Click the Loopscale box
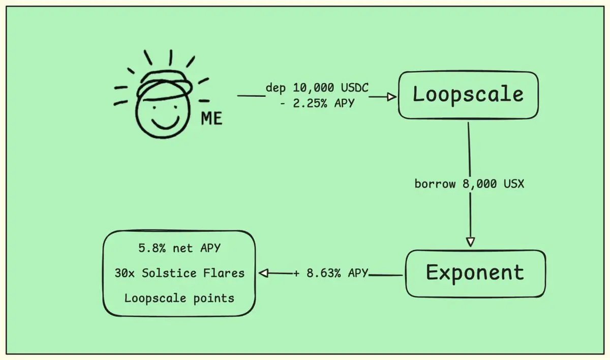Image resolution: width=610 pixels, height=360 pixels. tap(468, 95)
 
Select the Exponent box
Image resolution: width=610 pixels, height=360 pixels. tap(475, 273)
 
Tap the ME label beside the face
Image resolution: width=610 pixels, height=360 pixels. tap(211, 118)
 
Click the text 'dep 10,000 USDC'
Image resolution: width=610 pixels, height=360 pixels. tap(317, 88)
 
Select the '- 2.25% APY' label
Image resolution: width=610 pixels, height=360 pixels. tap(317, 103)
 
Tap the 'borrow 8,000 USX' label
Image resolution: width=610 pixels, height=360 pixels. tap(469, 184)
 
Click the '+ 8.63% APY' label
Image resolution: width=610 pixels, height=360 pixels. tap(330, 274)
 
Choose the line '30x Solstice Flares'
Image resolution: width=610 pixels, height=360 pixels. tap(179, 273)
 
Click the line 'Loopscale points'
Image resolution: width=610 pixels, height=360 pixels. tap(179, 298)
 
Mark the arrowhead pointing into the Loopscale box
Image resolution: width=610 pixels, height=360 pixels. tap(391, 97)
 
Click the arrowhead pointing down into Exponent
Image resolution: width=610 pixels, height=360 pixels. tap(471, 242)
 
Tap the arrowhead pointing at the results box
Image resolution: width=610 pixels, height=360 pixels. tap(263, 274)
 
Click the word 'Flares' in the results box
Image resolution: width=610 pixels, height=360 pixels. tap(224, 273)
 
